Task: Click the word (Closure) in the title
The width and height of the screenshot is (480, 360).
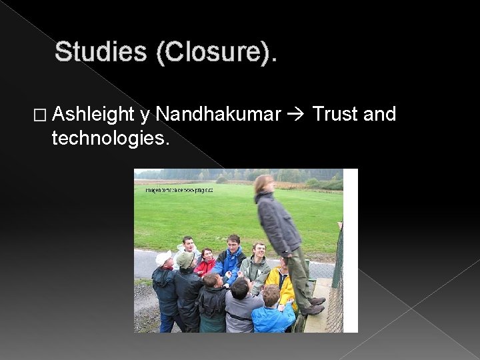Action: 213,52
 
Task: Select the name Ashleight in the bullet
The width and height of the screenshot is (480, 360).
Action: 93,115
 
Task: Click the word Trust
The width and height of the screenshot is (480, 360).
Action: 335,115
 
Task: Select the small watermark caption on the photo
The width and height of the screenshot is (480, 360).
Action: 179,190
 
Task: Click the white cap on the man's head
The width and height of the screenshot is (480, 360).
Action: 163,257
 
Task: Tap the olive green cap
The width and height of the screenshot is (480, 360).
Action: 184,258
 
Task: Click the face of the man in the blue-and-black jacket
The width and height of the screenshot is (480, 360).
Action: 233,243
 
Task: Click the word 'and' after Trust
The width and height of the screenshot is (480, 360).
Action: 380,115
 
